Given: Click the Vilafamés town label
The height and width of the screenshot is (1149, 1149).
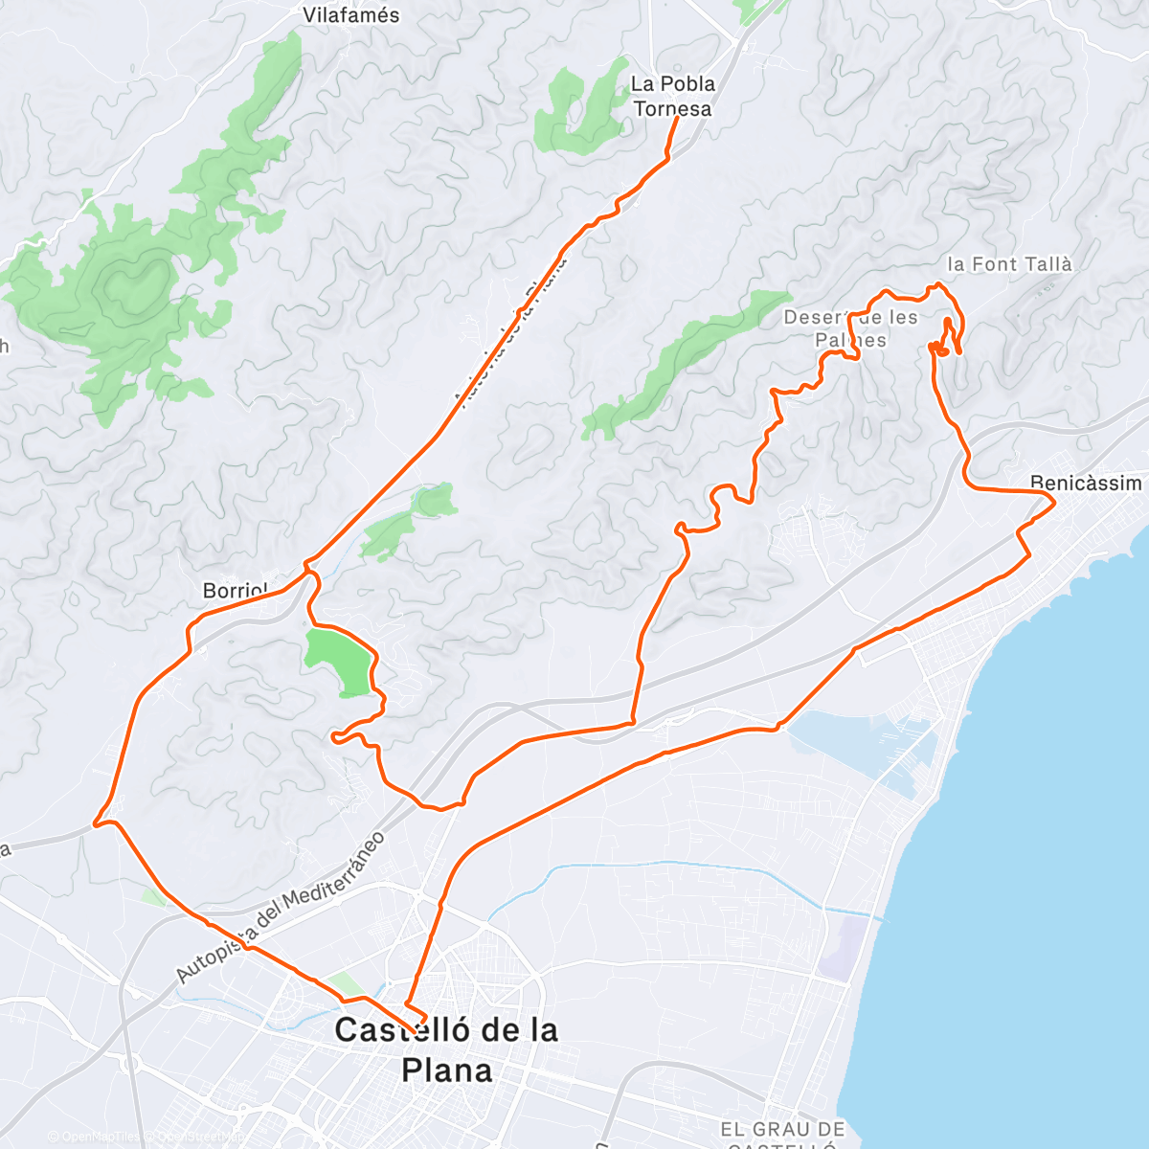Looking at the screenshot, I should click(350, 15).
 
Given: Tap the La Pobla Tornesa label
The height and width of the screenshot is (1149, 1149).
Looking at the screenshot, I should click(672, 96).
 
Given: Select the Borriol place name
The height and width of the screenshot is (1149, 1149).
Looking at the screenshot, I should click(234, 591).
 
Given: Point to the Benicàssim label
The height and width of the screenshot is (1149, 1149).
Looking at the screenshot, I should click(1086, 483).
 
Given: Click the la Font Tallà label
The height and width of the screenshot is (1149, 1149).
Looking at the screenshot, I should click(1009, 264).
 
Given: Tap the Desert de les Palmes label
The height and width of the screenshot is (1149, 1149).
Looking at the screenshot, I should click(850, 328).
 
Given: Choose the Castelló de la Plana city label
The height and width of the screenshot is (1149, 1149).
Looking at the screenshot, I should click(446, 1049).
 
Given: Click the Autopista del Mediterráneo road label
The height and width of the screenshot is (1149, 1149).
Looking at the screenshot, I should click(280, 908).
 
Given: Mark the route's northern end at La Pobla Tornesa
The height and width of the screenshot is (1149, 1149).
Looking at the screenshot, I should click(678, 118).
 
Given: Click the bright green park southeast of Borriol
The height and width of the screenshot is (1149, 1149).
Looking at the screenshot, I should click(337, 661).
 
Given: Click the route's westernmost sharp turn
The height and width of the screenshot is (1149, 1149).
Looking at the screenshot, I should click(95, 822).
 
